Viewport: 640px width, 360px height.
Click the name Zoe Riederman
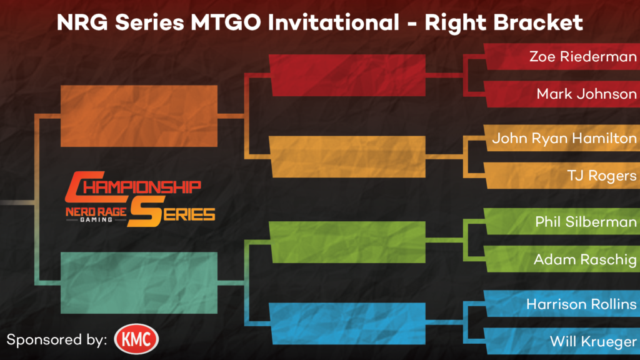click(583, 56)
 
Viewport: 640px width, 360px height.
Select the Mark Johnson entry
click(586, 94)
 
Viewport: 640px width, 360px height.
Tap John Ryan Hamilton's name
click(564, 138)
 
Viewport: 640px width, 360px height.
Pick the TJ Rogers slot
click(602, 176)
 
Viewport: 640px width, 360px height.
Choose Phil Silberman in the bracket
click(586, 222)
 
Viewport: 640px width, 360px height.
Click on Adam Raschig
click(585, 259)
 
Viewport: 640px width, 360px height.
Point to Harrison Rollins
click(581, 304)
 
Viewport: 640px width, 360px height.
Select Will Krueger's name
click(593, 341)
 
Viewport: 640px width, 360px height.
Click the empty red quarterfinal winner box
click(347, 76)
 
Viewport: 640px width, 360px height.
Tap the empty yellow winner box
click(347, 157)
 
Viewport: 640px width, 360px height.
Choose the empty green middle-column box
click(347, 242)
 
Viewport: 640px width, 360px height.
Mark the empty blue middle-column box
click(347, 324)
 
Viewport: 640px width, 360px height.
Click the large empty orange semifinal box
click(139, 116)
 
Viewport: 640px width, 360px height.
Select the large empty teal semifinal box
click(139, 283)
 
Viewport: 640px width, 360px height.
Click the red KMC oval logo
click(136, 339)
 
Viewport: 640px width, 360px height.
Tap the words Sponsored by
click(57, 340)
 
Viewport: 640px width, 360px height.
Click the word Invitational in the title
click(334, 22)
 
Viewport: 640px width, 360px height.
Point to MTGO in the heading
click(226, 22)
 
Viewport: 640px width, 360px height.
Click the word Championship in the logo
click(133, 187)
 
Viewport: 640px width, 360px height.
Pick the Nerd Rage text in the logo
click(96, 212)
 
